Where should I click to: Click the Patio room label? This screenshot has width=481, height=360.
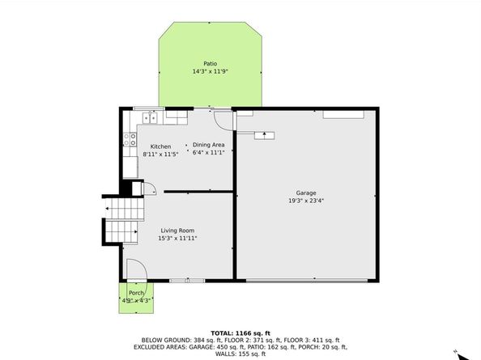210,64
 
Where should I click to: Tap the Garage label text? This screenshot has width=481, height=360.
306,193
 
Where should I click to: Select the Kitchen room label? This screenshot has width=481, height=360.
160,146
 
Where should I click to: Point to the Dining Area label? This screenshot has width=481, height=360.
209,145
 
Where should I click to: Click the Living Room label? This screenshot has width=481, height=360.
177,231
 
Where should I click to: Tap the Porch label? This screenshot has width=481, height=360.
136,293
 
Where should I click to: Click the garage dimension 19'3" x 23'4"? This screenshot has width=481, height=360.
306,201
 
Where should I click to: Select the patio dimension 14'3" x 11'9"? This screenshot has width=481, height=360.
211,72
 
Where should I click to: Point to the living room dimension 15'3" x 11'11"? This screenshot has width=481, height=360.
177,239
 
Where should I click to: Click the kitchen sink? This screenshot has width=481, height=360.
150,117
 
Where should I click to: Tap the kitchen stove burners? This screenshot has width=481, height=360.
130,139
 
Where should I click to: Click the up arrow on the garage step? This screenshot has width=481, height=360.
264,134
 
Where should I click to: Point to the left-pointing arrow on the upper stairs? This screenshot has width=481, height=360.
107,209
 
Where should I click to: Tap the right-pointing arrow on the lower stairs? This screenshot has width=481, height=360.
135,232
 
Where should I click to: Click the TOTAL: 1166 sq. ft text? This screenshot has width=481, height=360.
240,333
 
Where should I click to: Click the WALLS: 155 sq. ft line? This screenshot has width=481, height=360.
240,354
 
